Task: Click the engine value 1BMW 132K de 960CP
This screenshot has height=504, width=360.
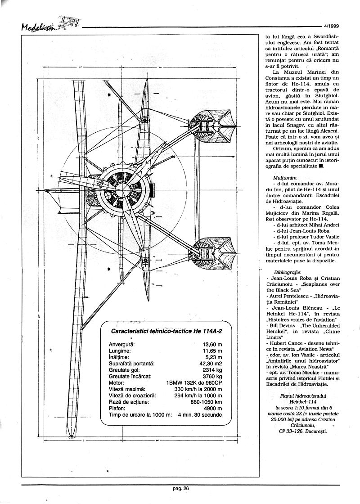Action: point(194,382)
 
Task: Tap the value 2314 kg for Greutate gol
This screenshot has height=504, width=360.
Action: point(212,369)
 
